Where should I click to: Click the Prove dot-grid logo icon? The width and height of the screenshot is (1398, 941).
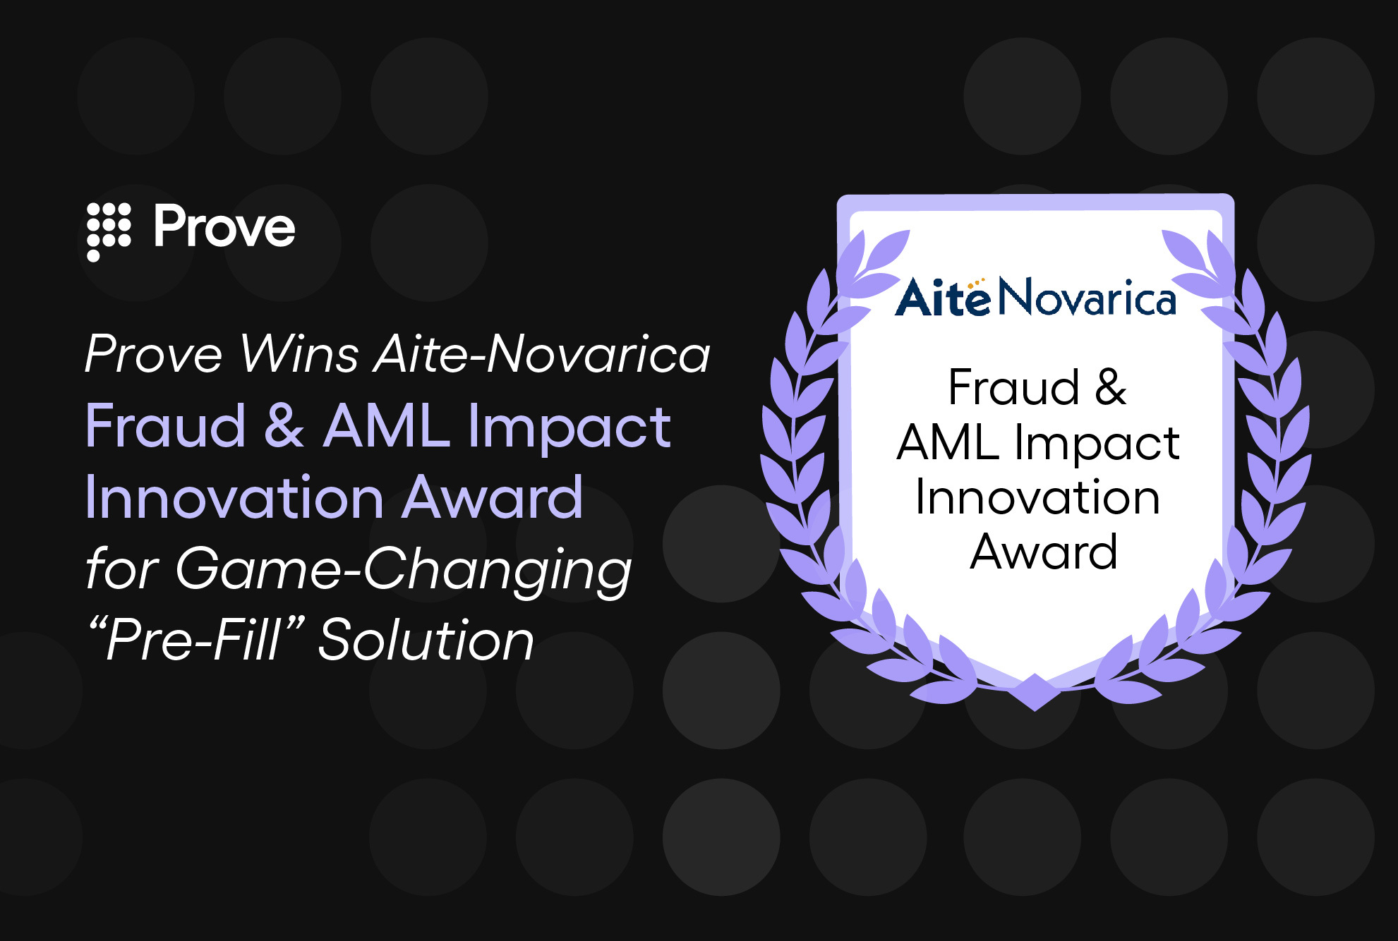click(108, 230)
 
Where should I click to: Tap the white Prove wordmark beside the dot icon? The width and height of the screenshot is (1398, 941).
click(224, 227)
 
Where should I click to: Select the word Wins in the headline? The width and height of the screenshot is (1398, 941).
click(299, 353)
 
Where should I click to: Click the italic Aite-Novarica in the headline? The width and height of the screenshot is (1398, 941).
click(542, 353)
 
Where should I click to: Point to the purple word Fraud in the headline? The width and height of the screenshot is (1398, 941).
click(165, 426)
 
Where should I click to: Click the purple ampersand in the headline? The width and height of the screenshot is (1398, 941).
click(284, 426)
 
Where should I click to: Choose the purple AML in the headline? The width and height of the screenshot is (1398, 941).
click(387, 426)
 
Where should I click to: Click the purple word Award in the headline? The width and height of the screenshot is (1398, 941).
click(495, 498)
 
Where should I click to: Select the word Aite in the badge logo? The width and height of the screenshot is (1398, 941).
click(943, 298)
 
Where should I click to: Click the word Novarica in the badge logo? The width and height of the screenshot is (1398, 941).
click(1087, 298)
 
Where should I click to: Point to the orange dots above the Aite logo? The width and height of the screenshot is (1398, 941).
click(976, 282)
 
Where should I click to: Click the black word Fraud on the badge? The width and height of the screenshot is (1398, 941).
click(1013, 388)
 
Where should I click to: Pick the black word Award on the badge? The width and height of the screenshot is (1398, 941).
click(1043, 552)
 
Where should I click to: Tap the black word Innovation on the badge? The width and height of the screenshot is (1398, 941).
click(1037, 498)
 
